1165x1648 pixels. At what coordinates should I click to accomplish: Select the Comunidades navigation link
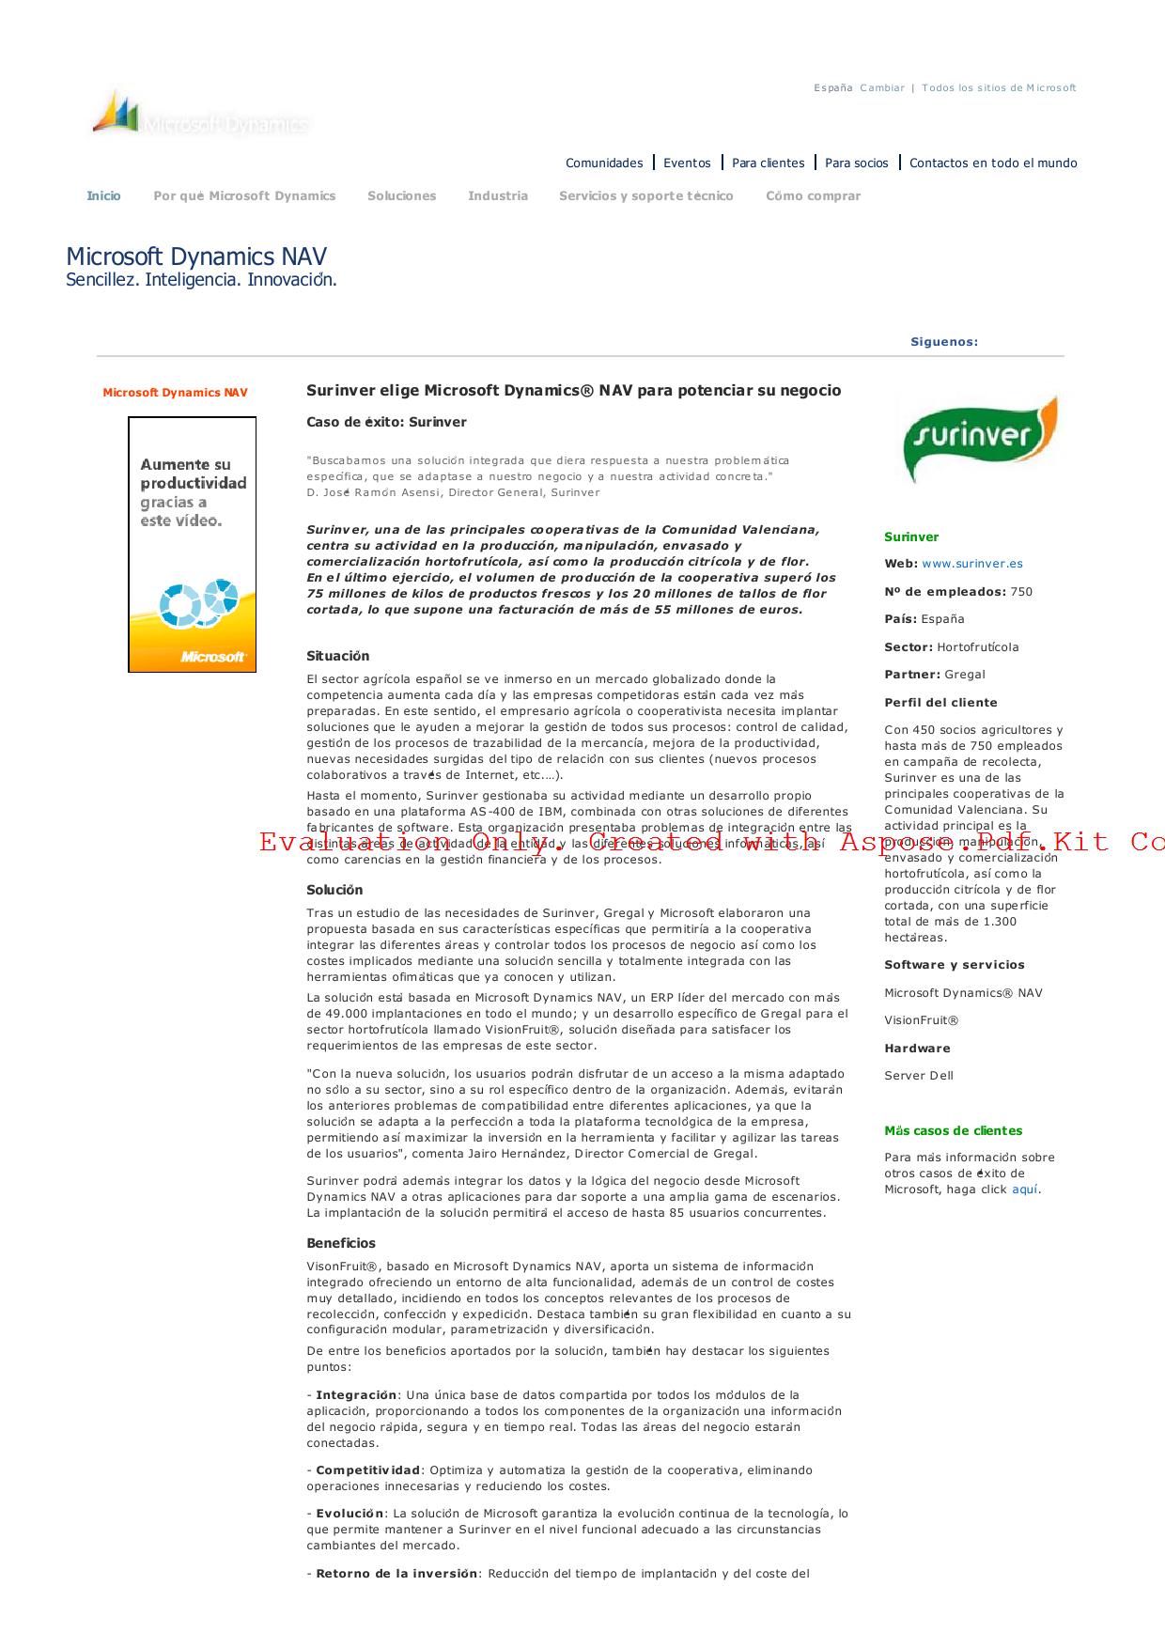604,163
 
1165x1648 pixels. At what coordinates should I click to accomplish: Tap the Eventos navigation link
687,163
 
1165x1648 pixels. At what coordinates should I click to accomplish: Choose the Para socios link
856,163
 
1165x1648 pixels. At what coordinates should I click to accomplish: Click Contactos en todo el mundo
993,163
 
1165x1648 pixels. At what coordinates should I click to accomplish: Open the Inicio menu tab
103,196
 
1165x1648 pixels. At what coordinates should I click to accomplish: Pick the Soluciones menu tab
401,196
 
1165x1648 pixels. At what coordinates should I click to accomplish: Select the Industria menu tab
498,196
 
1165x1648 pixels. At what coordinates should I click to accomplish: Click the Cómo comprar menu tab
813,196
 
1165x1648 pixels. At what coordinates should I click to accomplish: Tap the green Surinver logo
978,438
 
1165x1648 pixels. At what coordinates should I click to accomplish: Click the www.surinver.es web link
972,564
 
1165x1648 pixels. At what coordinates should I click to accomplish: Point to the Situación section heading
338,656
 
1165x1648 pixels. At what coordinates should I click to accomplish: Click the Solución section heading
334,890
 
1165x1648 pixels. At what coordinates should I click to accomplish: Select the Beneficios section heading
341,1243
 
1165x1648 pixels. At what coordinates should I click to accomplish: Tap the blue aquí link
1025,1189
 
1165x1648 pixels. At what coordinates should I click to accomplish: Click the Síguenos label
944,342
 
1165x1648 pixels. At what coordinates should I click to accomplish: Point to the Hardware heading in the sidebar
917,1049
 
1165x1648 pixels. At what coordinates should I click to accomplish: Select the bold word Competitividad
367,1470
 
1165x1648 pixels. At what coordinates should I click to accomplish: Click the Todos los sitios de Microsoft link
999,88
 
